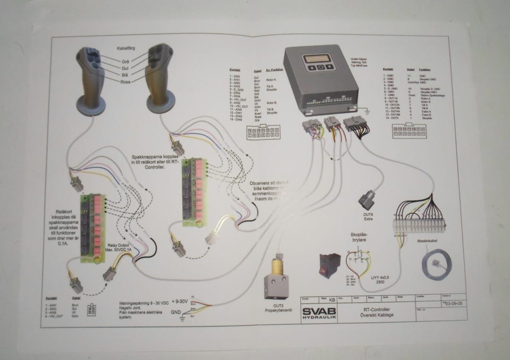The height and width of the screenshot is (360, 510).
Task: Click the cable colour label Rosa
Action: point(126,82)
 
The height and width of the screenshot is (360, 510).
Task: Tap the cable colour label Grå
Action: point(126,62)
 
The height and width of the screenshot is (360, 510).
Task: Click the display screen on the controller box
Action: point(319,59)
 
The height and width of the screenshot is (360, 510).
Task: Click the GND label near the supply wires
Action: point(177,312)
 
